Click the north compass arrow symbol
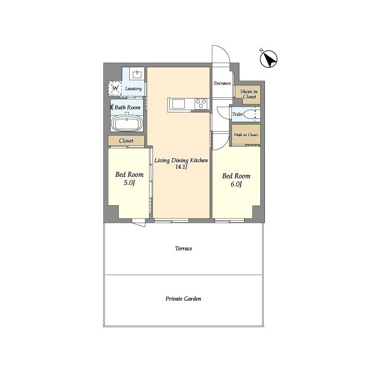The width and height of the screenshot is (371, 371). click(269, 59)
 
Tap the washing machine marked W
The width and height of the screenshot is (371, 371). click(115, 89)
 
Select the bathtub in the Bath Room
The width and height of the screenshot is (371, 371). click(127, 123)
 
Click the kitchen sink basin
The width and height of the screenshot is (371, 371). click(179, 104)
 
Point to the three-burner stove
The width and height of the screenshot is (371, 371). click(201, 104)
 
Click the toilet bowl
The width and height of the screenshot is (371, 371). click(250, 115)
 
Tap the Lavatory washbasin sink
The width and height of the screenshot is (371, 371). click(137, 75)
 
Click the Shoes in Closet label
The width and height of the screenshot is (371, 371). click(249, 94)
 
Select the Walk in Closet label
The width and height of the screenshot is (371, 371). click(246, 135)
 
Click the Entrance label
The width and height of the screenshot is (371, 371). click(222, 83)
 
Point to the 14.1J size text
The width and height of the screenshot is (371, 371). click(181, 167)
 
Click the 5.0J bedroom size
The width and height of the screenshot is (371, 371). click(129, 183)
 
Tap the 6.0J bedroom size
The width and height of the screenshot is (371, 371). click(236, 184)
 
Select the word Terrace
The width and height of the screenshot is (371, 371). click(183, 249)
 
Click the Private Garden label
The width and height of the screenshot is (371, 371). click(183, 299)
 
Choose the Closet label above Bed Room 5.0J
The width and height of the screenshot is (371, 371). click(126, 141)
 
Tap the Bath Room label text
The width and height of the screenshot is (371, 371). click(128, 107)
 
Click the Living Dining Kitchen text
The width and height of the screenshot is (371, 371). click(181, 161)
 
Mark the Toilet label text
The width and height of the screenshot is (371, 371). click(237, 114)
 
